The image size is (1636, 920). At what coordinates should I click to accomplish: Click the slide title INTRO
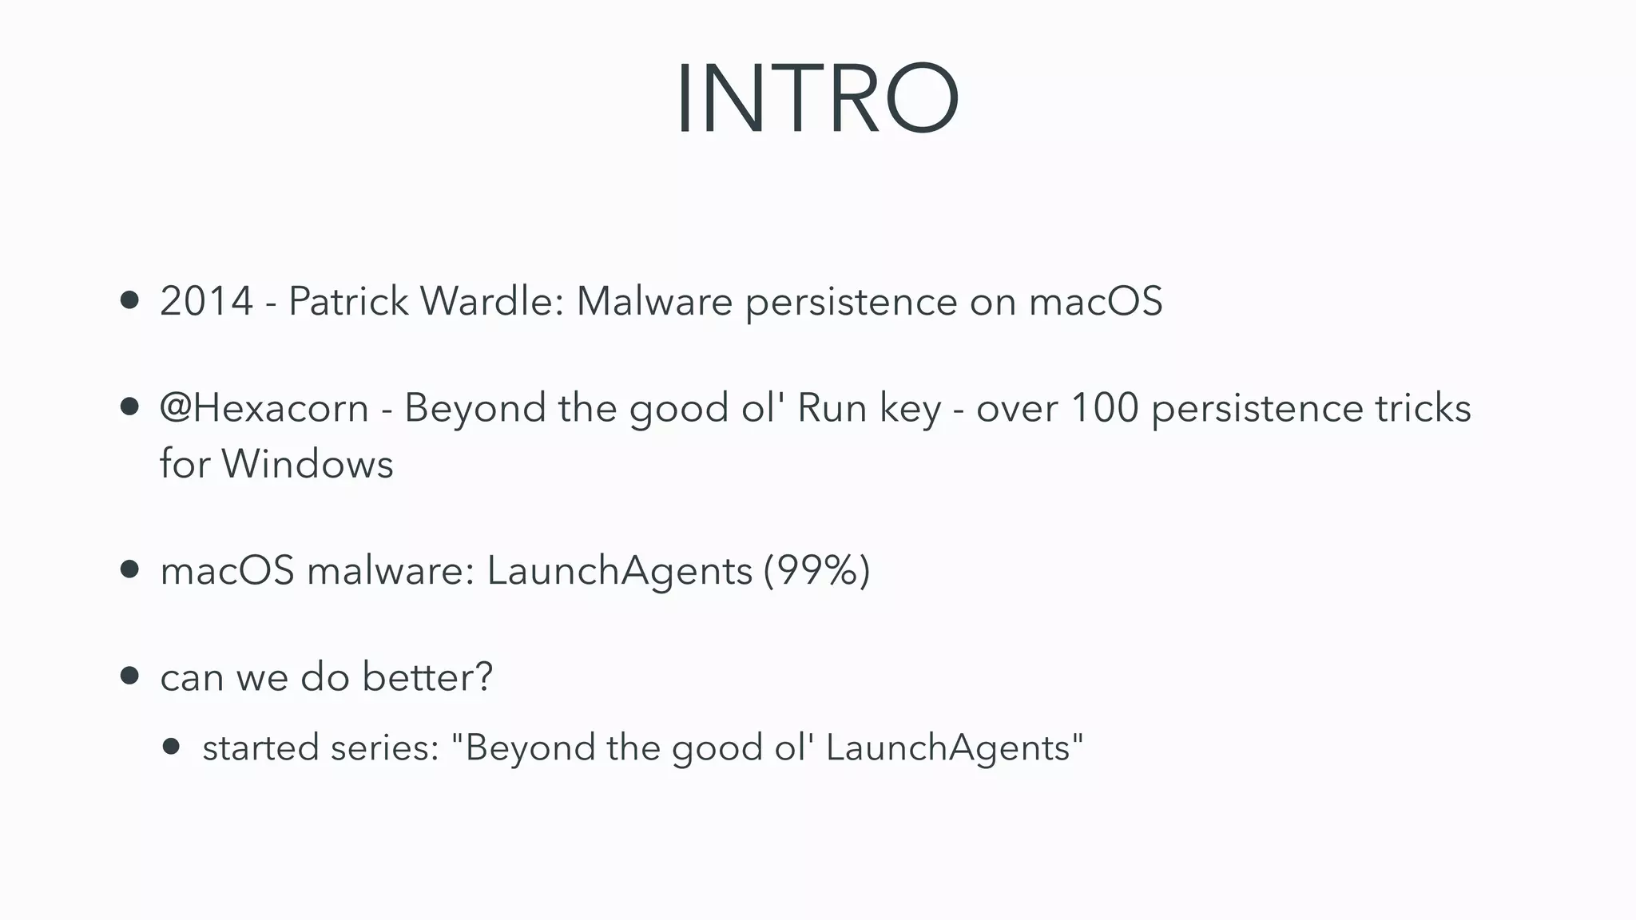tap(817, 100)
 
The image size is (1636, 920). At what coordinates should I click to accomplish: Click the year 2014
tap(206, 302)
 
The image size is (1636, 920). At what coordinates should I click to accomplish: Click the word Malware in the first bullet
tap(654, 302)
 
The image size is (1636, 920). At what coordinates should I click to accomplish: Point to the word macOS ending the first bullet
tap(1095, 302)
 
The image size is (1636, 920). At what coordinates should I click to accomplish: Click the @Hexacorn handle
tap(264, 408)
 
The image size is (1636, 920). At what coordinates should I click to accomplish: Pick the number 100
tap(1104, 408)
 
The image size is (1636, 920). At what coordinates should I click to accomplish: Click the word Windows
tap(308, 464)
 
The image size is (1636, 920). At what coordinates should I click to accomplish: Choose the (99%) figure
tap(816, 571)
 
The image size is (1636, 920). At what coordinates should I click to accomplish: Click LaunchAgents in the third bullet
tap(619, 571)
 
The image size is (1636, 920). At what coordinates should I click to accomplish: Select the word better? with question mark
tap(427, 677)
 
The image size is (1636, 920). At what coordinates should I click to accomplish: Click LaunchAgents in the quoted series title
tap(947, 748)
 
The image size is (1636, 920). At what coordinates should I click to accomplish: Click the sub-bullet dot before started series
tap(171, 747)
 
